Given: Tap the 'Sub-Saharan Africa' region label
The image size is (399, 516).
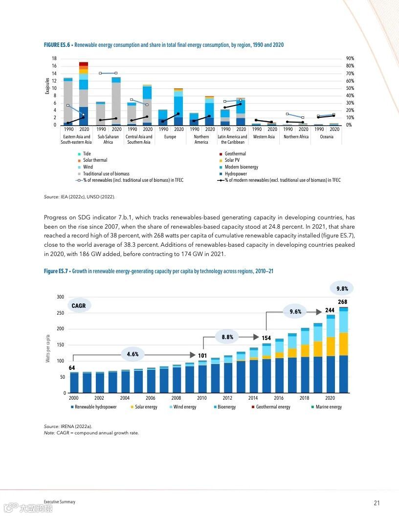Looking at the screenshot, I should click(x=108, y=139).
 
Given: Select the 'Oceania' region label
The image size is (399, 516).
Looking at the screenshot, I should click(x=327, y=137).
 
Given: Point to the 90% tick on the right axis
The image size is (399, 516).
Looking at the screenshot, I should click(x=350, y=59).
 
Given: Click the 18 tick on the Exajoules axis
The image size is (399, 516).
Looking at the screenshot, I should click(x=54, y=59).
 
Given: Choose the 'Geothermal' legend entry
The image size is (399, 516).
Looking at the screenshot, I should click(x=235, y=154).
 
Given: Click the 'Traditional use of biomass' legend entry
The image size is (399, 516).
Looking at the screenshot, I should click(x=106, y=173).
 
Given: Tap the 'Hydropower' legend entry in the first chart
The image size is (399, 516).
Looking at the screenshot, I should click(x=236, y=173).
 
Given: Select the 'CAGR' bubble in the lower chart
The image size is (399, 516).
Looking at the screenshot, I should click(x=78, y=306).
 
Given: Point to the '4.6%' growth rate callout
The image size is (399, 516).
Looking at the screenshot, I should click(x=133, y=354).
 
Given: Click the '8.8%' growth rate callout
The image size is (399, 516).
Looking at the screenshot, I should click(x=227, y=337).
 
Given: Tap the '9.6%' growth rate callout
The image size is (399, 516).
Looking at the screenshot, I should click(x=295, y=311).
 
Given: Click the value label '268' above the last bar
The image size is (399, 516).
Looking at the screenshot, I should click(x=342, y=302).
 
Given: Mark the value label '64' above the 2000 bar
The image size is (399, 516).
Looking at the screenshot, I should click(x=72, y=368).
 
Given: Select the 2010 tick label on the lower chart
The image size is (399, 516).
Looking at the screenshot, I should click(x=202, y=398).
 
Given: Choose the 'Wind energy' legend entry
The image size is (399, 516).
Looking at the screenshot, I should click(x=184, y=407).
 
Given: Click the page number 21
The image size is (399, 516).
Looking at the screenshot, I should click(x=377, y=503).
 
